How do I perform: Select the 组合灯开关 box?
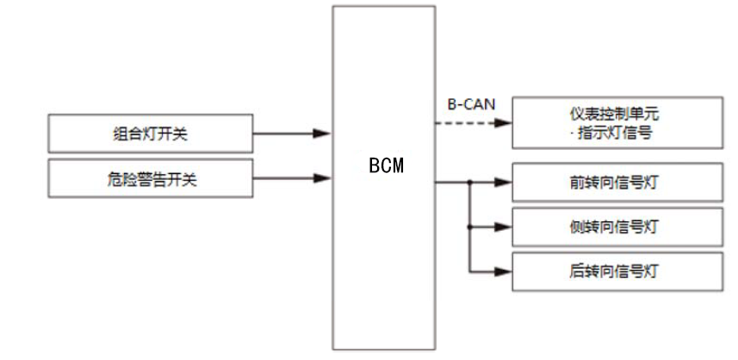[x=151, y=133]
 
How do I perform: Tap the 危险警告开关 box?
[x=151, y=178]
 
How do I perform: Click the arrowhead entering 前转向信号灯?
[x=504, y=183]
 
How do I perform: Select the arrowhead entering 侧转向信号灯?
[x=504, y=227]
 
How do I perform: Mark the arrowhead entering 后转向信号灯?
[x=504, y=271]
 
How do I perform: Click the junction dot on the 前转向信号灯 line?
[x=469, y=183]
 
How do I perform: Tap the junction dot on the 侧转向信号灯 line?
[x=469, y=227]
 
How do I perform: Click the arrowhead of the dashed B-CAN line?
[x=504, y=122]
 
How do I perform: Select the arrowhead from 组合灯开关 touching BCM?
[x=323, y=133]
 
